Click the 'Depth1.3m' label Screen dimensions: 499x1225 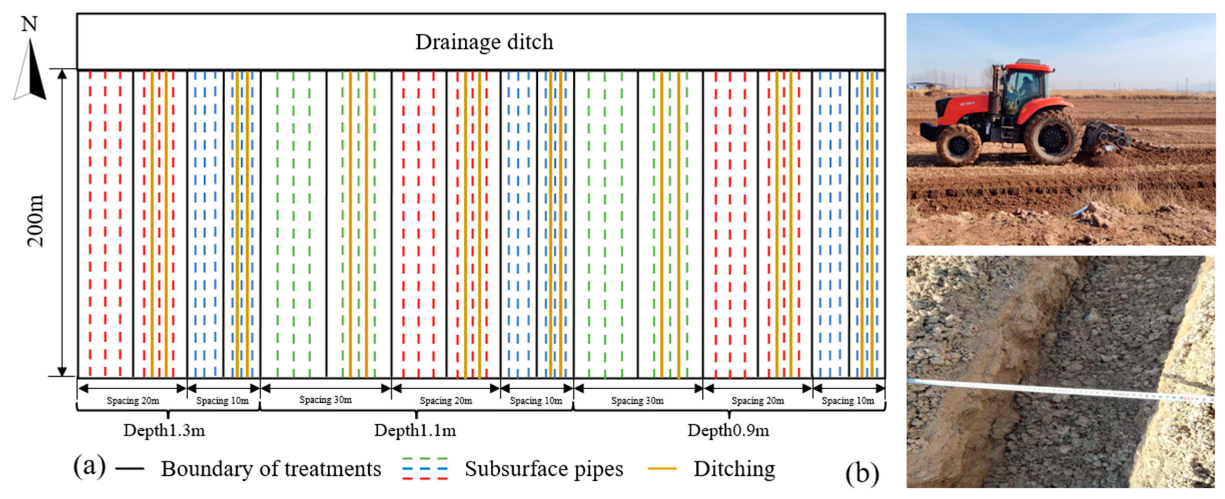tap(164, 431)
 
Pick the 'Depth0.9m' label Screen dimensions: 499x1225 tap(728, 431)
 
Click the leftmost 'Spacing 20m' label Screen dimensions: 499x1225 tap(133, 401)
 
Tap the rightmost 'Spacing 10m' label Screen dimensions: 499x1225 tap(848, 401)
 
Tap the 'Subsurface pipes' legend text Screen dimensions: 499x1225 tap(543, 468)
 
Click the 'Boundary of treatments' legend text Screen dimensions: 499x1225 tap(271, 468)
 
